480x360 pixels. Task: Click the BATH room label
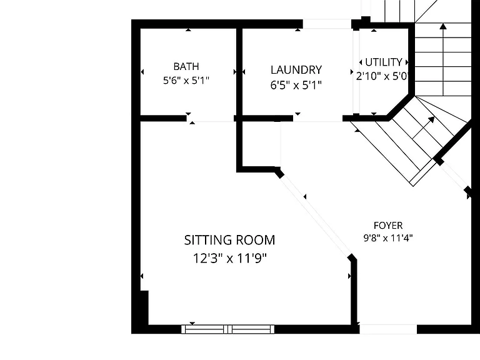click(x=186, y=66)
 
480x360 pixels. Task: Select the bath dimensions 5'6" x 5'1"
click(x=186, y=81)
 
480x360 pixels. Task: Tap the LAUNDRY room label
click(x=296, y=70)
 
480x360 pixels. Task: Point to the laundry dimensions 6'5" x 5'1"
click(x=296, y=85)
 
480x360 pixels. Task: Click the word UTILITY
click(x=384, y=62)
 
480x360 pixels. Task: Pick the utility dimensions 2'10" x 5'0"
click(x=382, y=76)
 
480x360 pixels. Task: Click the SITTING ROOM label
click(x=229, y=240)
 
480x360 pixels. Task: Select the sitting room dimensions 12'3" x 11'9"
click(x=229, y=258)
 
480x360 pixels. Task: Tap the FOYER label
click(x=388, y=226)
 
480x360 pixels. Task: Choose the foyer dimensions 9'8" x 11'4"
click(x=388, y=238)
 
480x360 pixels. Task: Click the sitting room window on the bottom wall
click(x=227, y=329)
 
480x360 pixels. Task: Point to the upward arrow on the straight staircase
click(x=443, y=59)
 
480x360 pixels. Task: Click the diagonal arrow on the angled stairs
click(x=423, y=127)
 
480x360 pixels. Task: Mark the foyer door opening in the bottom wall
click(x=388, y=329)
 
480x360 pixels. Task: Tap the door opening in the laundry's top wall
click(x=327, y=24)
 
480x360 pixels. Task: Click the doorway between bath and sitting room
click(x=212, y=119)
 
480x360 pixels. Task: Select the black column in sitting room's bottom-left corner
click(x=144, y=307)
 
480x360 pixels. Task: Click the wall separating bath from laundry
click(x=239, y=72)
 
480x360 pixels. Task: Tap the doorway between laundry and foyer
click(x=317, y=119)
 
